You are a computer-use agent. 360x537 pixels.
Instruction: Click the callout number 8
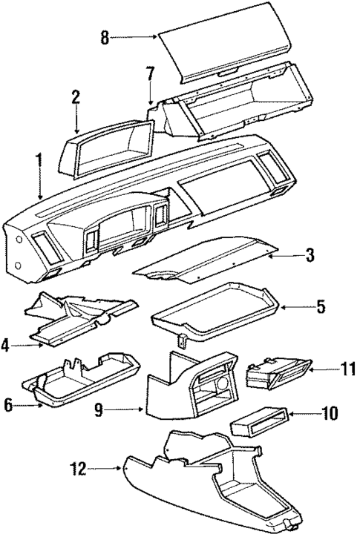pyautogui.click(x=105, y=38)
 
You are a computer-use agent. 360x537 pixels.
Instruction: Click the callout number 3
pyautogui.click(x=310, y=256)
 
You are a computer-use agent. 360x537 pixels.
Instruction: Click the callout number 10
pyautogui.click(x=325, y=412)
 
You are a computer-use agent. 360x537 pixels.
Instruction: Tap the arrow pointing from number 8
pyautogui.click(x=134, y=37)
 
